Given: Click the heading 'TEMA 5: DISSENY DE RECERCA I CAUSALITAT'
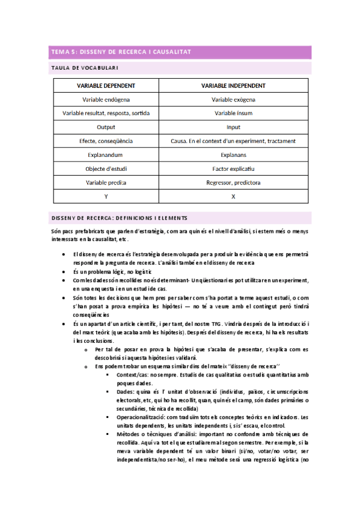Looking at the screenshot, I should coord(120,52).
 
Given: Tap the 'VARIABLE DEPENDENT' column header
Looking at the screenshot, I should coord(106,85).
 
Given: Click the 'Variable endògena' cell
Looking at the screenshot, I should coord(106,99).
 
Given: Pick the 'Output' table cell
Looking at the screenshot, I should coord(106,127).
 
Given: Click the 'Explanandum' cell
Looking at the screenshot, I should coord(106,155).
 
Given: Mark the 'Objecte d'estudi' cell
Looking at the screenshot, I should coord(106,168).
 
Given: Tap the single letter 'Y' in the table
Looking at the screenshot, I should coord(106,196).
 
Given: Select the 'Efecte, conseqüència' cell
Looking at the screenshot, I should coord(106,141).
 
